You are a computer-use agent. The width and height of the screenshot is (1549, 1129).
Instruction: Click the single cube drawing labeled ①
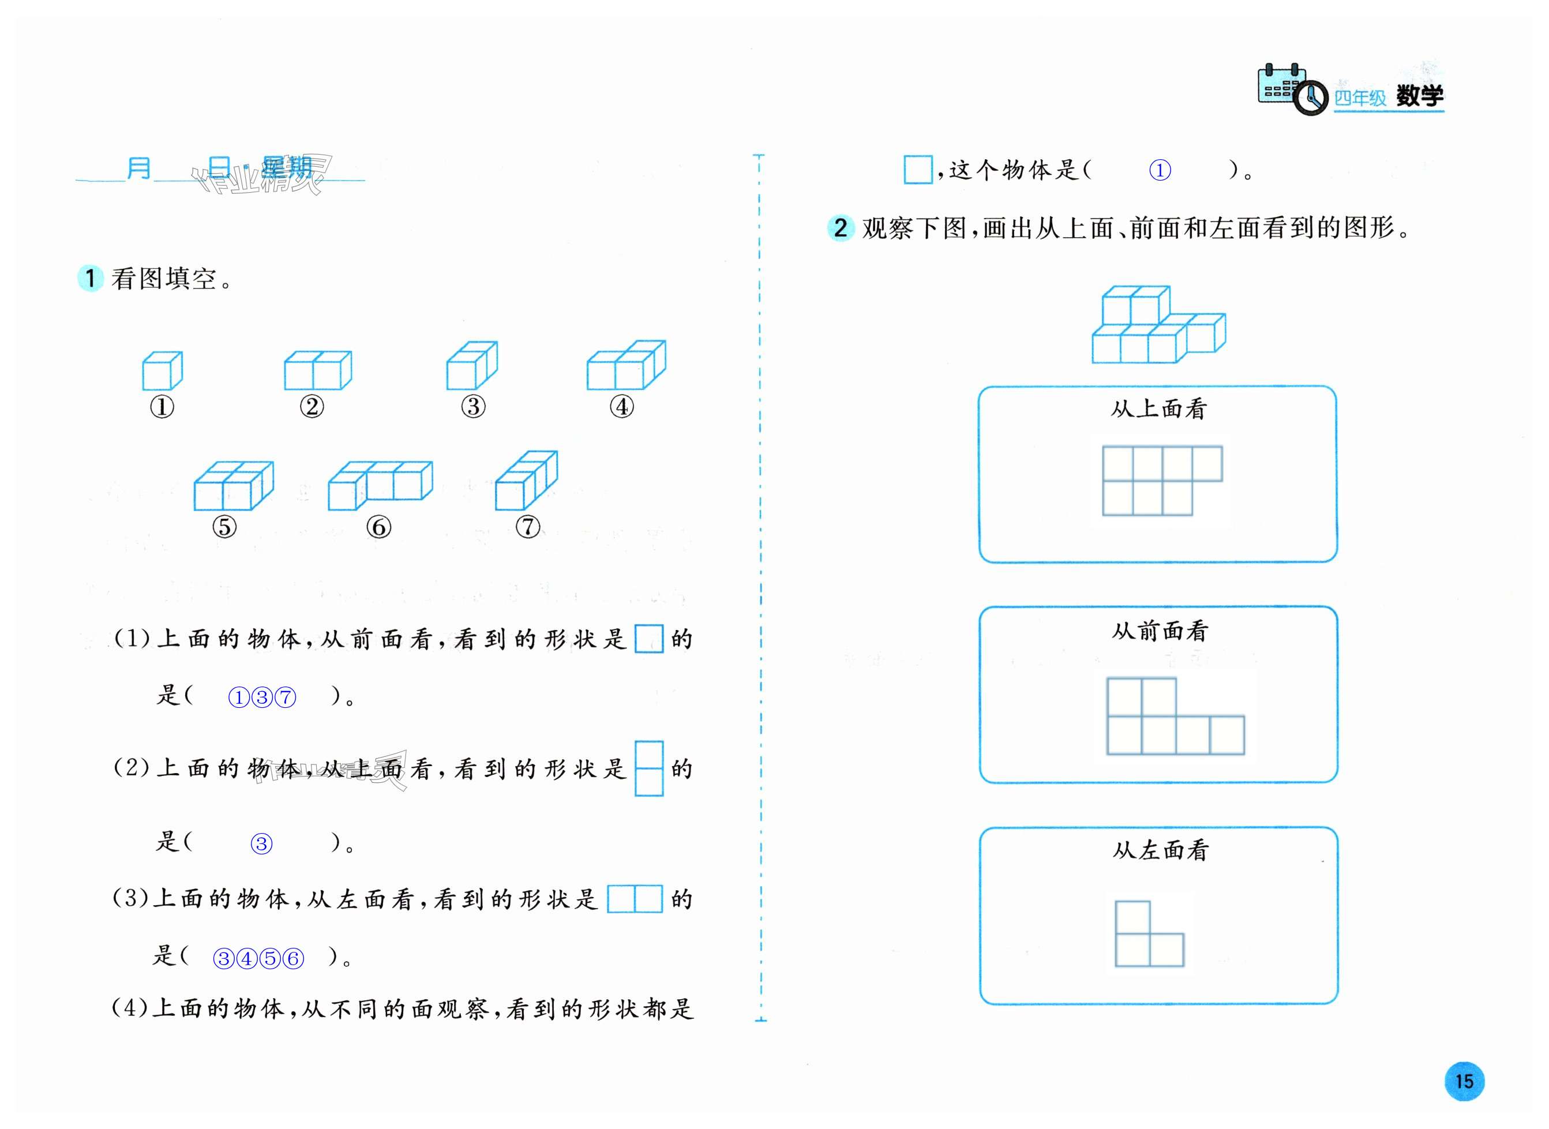(x=162, y=370)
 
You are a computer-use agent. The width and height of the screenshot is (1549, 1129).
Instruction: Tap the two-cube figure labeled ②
(x=318, y=370)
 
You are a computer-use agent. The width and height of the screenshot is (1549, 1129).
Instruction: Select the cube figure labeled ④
(x=626, y=366)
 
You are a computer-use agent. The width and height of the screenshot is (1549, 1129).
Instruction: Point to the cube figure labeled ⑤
(x=234, y=486)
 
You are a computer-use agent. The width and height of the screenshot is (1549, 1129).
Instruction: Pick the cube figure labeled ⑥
(x=380, y=485)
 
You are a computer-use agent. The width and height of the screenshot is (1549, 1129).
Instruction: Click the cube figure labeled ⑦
(x=526, y=481)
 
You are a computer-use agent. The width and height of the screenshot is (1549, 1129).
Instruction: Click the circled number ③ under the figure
(x=473, y=407)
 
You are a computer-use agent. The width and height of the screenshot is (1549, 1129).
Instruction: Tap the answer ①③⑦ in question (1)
(x=262, y=698)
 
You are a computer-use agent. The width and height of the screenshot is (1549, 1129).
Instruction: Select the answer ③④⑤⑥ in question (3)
(x=258, y=959)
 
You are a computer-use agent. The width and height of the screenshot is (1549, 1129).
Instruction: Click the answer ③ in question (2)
(x=261, y=844)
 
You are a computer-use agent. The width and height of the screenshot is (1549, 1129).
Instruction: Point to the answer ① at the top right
(x=1160, y=170)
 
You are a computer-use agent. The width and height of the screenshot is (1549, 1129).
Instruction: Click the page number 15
(x=1464, y=1081)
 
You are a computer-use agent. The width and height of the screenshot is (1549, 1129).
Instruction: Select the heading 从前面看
(x=1160, y=631)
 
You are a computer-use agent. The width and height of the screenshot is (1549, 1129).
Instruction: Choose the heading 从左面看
(x=1160, y=850)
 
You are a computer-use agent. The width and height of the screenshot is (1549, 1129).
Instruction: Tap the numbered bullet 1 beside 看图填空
(x=90, y=278)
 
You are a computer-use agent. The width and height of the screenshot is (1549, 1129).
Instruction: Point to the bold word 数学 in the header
(x=1419, y=96)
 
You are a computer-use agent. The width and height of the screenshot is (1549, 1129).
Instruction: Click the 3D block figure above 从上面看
(x=1158, y=325)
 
